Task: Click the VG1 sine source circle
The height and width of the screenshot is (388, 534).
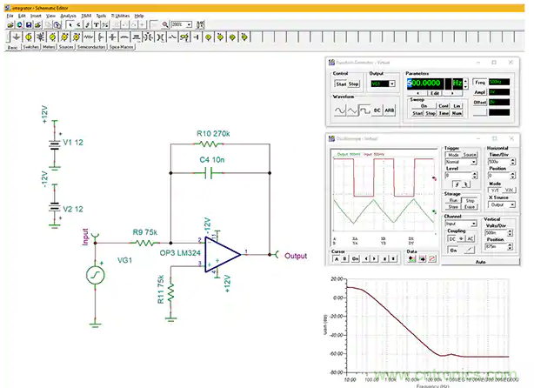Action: pos(93,277)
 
